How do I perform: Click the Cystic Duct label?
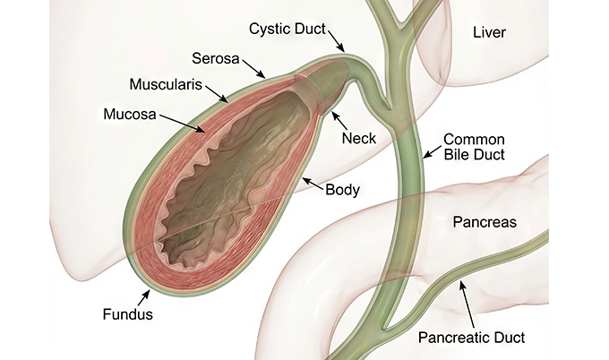pyautogui.click(x=287, y=29)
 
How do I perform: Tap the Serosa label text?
pyautogui.click(x=216, y=58)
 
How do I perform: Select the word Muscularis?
pyautogui.click(x=166, y=84)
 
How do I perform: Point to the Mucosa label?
pyautogui.click(x=130, y=114)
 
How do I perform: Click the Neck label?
pyautogui.click(x=359, y=138)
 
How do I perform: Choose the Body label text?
pyautogui.click(x=342, y=190)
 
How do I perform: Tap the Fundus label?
pyautogui.click(x=128, y=313)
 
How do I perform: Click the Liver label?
pyautogui.click(x=489, y=32)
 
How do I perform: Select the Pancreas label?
pyautogui.click(x=485, y=222)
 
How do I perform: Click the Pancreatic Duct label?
pyautogui.click(x=471, y=337)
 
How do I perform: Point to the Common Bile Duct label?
pyautogui.click(x=475, y=147)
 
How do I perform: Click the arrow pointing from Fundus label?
pyautogui.click(x=143, y=298)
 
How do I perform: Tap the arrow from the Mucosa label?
pyautogui.click(x=182, y=124)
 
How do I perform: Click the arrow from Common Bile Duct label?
pyautogui.click(x=433, y=151)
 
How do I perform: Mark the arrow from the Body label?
pyautogui.click(x=313, y=184)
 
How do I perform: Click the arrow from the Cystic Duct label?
pyautogui.click(x=337, y=40)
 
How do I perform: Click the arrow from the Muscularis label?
pyautogui.click(x=217, y=94)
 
